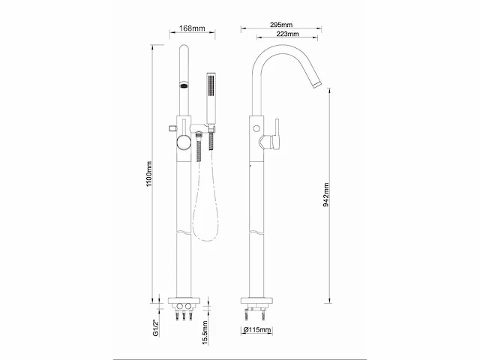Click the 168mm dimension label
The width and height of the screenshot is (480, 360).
pos(192,28)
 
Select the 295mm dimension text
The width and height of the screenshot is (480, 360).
pos(281,25)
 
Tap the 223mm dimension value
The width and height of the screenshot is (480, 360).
pos(287,34)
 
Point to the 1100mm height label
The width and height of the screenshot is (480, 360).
pos(149,174)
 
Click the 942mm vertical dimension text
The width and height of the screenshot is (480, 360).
pos(326,195)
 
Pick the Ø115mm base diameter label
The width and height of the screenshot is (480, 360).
pos(257,330)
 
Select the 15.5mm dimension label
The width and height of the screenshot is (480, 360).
pos(205,332)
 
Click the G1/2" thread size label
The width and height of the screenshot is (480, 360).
pos(156,328)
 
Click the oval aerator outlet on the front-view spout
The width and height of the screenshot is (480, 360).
pos(184,85)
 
